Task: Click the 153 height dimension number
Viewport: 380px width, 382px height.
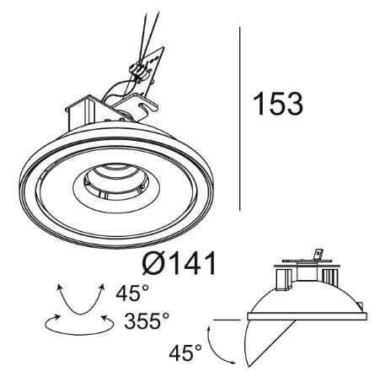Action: point(278,104)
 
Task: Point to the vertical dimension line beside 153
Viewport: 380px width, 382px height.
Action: point(239,119)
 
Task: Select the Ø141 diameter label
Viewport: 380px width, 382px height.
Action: point(179,263)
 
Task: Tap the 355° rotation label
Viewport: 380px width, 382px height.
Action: point(147,320)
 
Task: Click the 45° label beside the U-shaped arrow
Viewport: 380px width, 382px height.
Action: point(132,293)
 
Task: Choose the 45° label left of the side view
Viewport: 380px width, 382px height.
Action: point(185,352)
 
